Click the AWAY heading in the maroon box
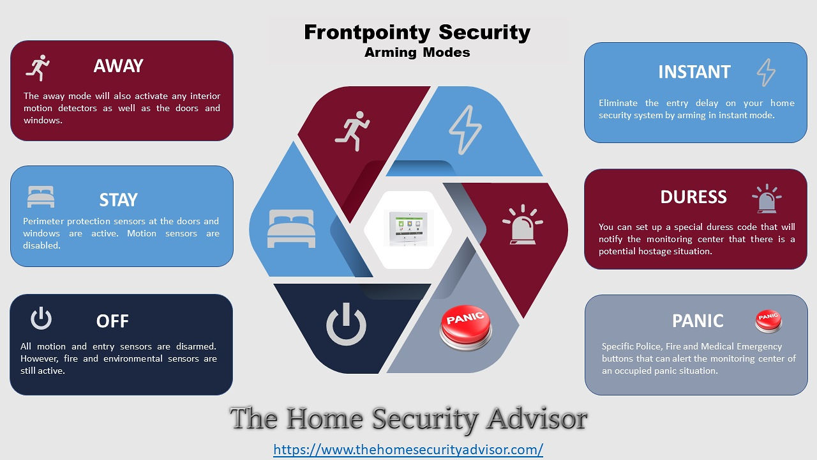[x=118, y=66]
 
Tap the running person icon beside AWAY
[x=38, y=68]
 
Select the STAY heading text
[x=118, y=200]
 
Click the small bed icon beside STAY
[x=41, y=197]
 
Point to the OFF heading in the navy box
[x=112, y=321]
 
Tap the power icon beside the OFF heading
[x=41, y=318]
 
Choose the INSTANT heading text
[x=694, y=72]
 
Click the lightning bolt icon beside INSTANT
[x=766, y=72]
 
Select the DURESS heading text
[x=693, y=197]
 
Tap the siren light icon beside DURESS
[x=767, y=199]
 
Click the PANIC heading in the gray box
[x=698, y=321]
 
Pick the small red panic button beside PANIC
[x=768, y=321]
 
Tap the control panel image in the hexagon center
[x=408, y=229]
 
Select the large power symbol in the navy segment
[x=346, y=324]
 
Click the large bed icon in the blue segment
[x=291, y=229]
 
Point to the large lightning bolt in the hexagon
[x=465, y=130]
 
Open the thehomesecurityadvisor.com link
[x=408, y=449]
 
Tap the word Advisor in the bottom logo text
[x=536, y=418]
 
